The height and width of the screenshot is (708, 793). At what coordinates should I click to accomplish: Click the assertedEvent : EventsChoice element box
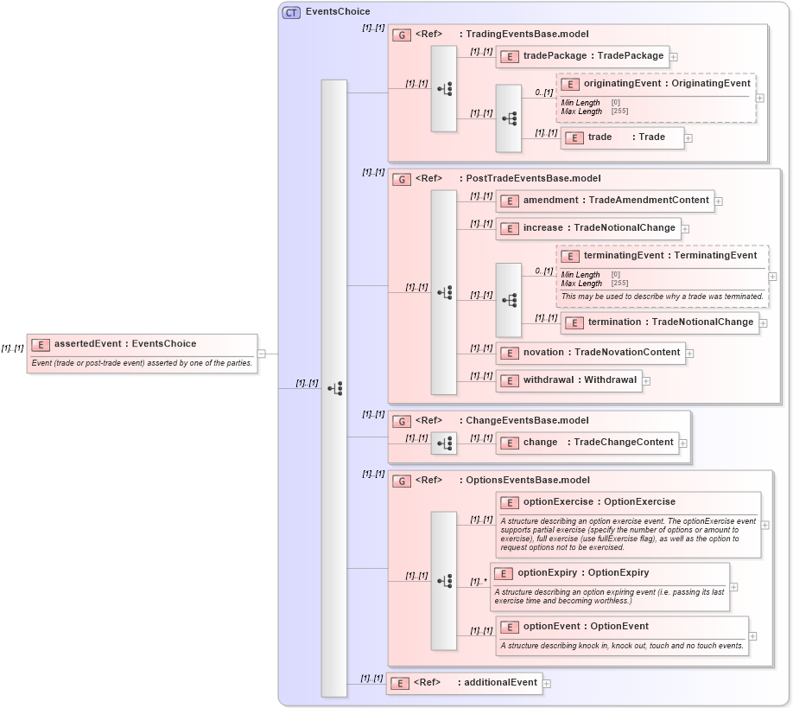coord(143,344)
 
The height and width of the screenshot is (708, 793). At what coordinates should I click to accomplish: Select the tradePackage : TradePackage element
coord(582,56)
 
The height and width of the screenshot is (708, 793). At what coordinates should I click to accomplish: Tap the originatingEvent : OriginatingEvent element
coord(657,84)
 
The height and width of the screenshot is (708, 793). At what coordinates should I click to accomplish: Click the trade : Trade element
coord(622,137)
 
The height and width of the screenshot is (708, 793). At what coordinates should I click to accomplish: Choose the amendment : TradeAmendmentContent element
coord(605,201)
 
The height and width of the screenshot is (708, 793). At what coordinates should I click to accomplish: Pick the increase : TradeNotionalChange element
coord(587,228)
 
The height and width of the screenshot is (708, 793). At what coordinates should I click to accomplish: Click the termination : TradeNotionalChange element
coord(659,322)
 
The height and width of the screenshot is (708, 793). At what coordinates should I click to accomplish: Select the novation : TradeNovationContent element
coord(590,353)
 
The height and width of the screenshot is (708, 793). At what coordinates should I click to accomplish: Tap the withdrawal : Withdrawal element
coord(568,380)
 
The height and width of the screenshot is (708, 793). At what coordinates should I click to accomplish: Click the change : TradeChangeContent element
coord(587,443)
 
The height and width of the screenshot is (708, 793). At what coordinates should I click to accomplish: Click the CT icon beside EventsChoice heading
coord(292,12)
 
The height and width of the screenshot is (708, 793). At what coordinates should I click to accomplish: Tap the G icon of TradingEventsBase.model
coord(401,35)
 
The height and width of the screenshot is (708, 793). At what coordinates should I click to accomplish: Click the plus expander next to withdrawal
coord(646,381)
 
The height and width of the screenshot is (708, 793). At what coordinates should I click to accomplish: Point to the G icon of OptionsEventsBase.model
coord(401,481)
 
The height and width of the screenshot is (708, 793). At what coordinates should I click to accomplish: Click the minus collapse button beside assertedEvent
coord(262,353)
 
